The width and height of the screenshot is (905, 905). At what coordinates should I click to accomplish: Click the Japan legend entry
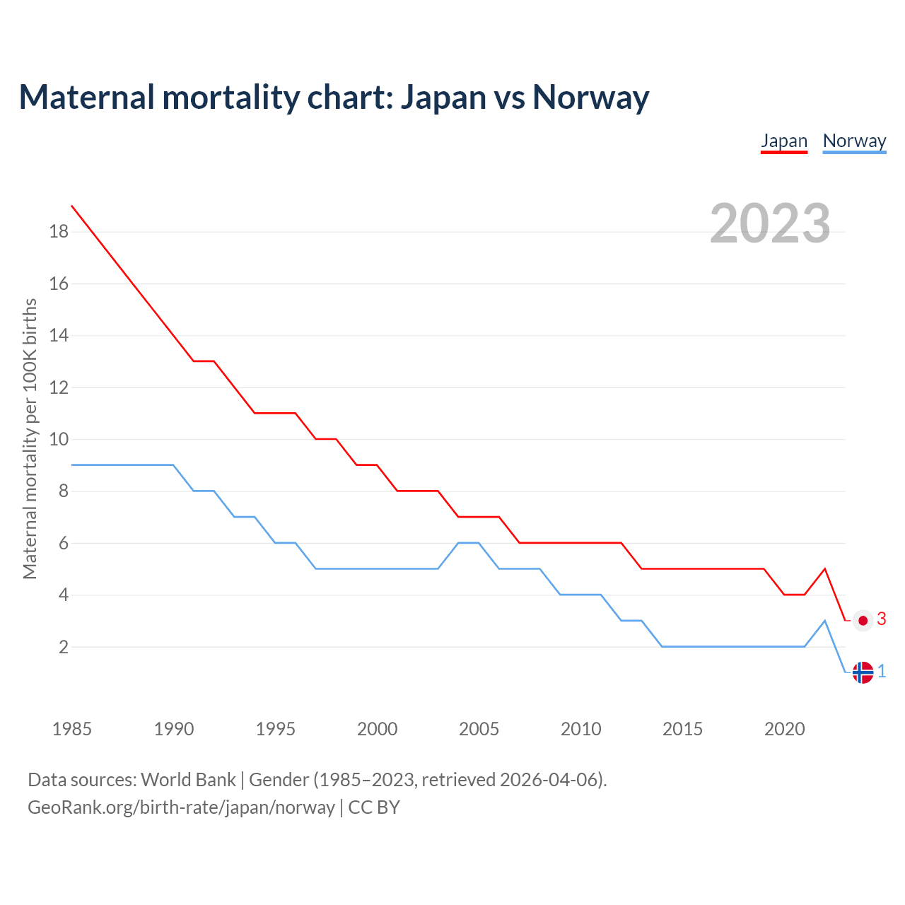pyautogui.click(x=784, y=141)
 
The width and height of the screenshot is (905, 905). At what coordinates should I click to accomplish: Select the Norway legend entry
pyautogui.click(x=854, y=141)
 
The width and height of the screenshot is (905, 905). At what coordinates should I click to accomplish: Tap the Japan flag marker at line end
pyautogui.click(x=863, y=621)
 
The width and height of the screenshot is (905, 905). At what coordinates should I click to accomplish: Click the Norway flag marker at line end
pyautogui.click(x=863, y=672)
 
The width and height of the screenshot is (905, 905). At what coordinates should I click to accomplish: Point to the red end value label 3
pyautogui.click(x=882, y=619)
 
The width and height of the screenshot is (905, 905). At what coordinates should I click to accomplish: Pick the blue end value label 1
pyautogui.click(x=882, y=671)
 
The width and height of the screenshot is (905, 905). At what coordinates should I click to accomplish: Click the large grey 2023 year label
pyautogui.click(x=770, y=223)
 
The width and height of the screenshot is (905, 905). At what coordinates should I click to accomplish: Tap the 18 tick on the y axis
pyautogui.click(x=59, y=232)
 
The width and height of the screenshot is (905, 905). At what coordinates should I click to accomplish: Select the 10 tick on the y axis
pyautogui.click(x=59, y=439)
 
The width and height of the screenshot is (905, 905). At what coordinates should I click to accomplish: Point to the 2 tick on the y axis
pyautogui.click(x=63, y=647)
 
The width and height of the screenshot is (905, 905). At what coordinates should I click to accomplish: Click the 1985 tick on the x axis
pyautogui.click(x=72, y=729)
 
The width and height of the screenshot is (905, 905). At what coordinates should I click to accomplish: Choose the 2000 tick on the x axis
pyautogui.click(x=377, y=729)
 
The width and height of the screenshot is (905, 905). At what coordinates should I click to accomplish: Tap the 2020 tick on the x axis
pyautogui.click(x=784, y=729)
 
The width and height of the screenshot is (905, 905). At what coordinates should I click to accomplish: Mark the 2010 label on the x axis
pyautogui.click(x=580, y=729)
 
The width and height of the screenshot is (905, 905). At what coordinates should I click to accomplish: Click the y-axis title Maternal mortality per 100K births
pyautogui.click(x=30, y=439)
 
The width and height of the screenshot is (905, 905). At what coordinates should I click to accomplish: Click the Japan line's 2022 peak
pyautogui.click(x=824, y=568)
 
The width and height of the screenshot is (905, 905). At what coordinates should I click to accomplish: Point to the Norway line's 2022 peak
pyautogui.click(x=824, y=621)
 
